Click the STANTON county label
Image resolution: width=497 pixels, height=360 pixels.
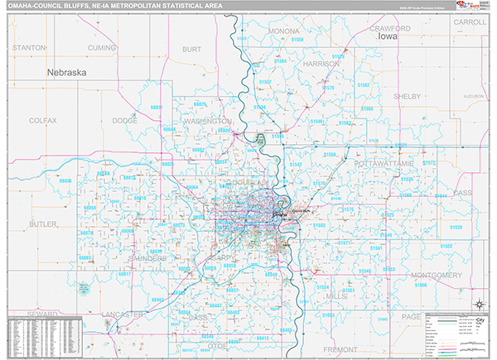29,49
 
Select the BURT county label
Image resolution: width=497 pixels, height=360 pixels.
191,49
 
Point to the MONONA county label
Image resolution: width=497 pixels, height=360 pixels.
284,31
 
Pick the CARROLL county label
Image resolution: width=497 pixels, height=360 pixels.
470,22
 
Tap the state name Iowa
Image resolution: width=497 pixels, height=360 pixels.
388,37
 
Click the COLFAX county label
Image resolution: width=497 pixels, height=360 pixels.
42,121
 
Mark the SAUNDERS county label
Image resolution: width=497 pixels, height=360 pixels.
147,258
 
